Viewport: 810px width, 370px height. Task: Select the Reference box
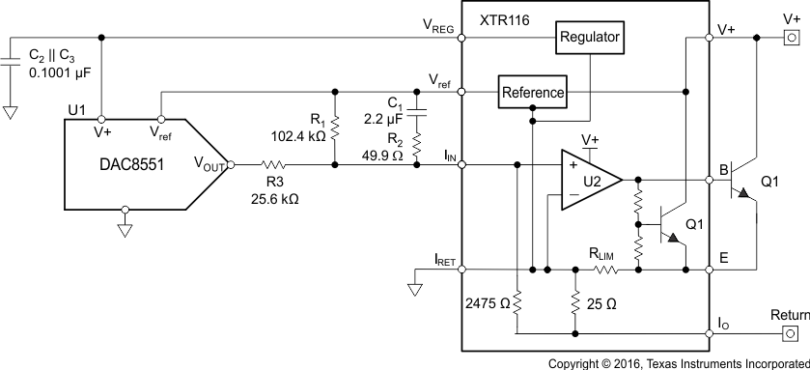coord(531,93)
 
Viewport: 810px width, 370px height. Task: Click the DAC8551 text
coord(126,165)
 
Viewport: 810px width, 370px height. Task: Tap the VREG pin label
coord(436,28)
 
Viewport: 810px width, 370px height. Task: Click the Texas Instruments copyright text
coord(678,363)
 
